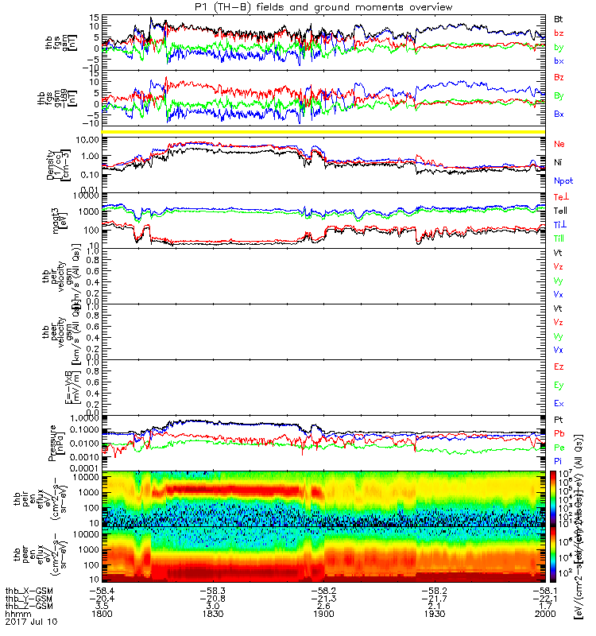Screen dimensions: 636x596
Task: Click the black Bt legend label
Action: point(559,17)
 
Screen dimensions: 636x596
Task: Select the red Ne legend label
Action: point(559,143)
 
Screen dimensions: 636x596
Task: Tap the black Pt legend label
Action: point(559,419)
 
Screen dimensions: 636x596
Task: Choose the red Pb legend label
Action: point(559,433)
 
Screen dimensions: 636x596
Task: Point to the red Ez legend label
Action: point(559,367)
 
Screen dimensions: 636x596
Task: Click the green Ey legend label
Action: point(559,386)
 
